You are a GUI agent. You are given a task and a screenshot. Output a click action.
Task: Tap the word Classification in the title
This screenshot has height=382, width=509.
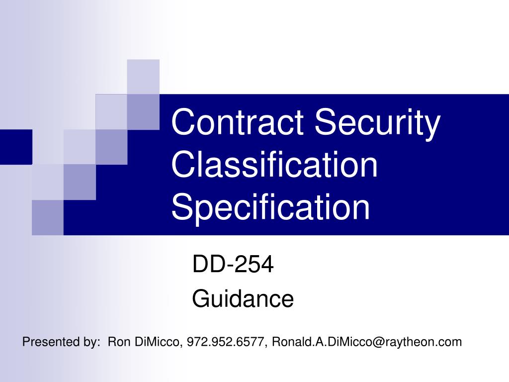click(x=274, y=166)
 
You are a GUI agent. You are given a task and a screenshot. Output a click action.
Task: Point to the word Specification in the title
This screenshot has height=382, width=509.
click(x=271, y=208)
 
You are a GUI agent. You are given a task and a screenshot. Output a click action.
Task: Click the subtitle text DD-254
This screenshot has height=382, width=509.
click(x=233, y=265)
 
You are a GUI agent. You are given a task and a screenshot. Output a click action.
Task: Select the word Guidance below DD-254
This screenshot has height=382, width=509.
click(x=243, y=299)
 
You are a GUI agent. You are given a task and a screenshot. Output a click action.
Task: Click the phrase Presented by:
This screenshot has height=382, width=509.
click(x=61, y=342)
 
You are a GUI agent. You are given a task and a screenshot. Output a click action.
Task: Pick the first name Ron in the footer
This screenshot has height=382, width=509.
click(x=118, y=342)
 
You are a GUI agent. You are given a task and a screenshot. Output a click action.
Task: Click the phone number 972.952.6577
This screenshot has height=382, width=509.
click(x=226, y=342)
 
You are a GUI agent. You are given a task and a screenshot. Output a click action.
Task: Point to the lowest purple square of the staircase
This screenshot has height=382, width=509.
click(x=48, y=217)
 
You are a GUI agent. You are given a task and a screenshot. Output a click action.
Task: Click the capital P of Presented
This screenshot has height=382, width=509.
click(x=26, y=342)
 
